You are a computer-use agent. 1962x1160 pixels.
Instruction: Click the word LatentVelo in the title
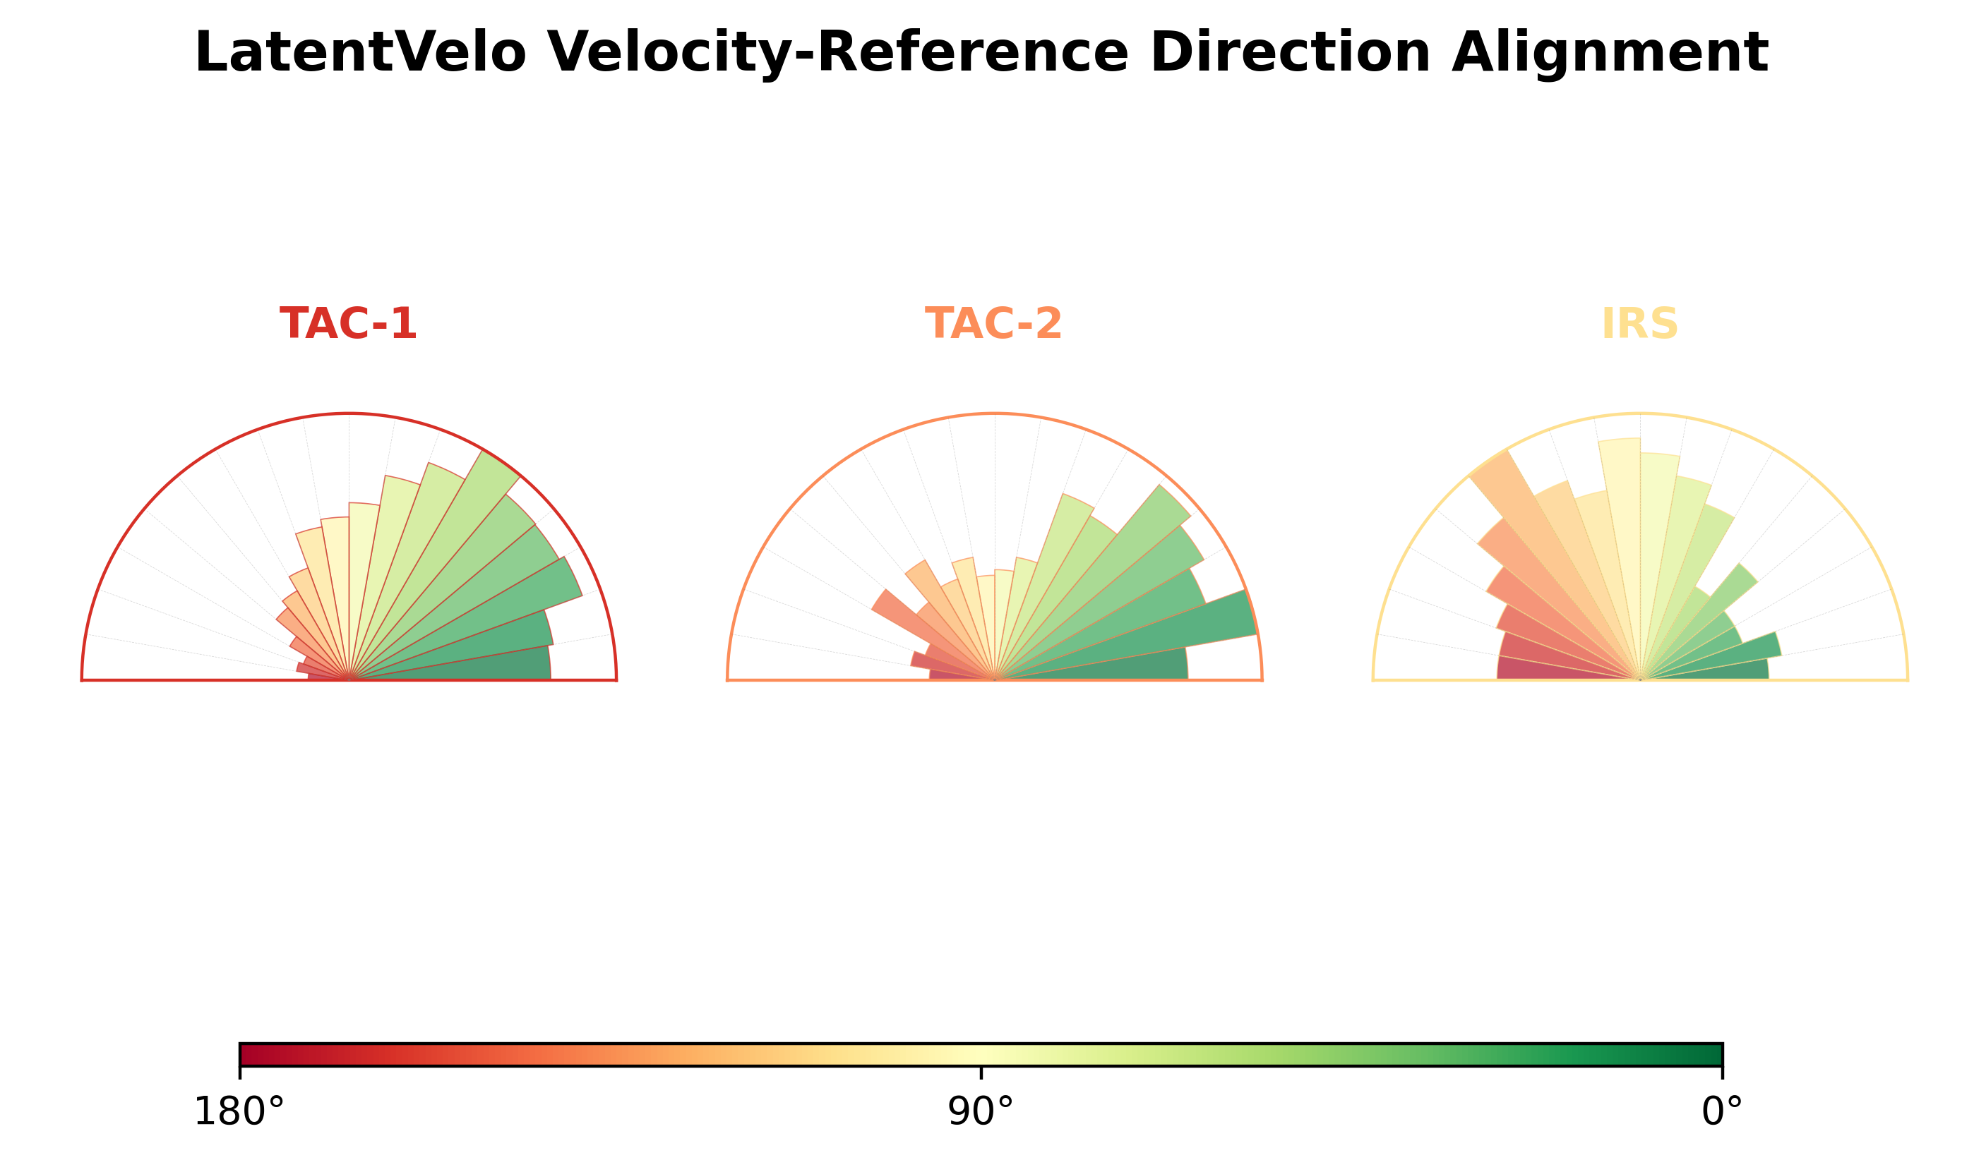click(x=361, y=52)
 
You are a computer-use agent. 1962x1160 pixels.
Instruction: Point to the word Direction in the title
click(x=1291, y=52)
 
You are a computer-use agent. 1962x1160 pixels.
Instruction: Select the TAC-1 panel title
click(x=348, y=324)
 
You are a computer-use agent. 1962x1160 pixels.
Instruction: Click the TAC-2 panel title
click(x=993, y=324)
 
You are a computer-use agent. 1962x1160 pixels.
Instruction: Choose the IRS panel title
click(x=1639, y=324)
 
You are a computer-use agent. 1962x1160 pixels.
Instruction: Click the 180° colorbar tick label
click(x=239, y=1112)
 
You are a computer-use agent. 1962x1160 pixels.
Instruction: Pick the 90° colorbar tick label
click(x=981, y=1112)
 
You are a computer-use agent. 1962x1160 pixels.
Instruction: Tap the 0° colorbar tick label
click(x=1722, y=1112)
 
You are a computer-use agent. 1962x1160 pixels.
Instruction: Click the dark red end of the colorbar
click(x=250, y=1054)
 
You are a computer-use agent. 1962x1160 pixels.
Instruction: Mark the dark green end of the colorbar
click(x=1711, y=1054)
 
